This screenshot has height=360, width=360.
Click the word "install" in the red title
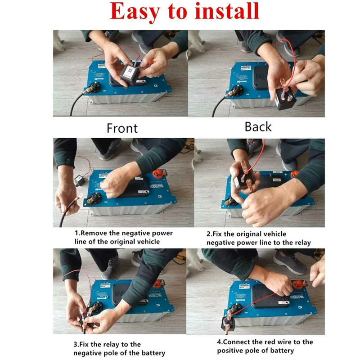coord(227,11)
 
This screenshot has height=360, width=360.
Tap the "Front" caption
coord(122,128)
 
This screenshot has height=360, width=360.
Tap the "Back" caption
coord(258,127)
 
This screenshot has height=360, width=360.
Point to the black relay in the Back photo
coord(285,98)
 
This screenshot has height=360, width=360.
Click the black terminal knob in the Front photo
coord(95,87)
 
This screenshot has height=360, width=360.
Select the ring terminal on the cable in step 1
coord(80,196)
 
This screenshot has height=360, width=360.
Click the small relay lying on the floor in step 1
coord(80,180)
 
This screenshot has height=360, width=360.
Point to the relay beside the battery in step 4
coord(228,323)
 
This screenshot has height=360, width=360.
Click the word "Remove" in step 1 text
coord(94,233)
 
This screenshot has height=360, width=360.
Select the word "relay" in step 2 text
coord(303,243)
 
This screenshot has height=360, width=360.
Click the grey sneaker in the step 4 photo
coord(290,262)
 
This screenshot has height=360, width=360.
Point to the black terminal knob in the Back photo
coord(238,89)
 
